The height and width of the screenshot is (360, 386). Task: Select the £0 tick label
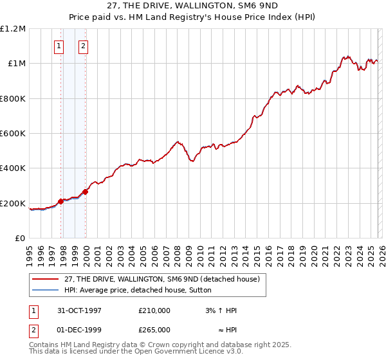(x=19, y=239)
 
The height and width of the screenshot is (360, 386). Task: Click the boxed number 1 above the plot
(x=59, y=46)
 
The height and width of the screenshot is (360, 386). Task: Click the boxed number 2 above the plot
(x=84, y=46)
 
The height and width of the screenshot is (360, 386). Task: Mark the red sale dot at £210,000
(x=61, y=201)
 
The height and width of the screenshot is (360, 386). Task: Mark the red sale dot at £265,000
(x=86, y=192)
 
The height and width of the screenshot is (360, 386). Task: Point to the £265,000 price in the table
(x=154, y=329)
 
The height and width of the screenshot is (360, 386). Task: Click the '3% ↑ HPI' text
(x=221, y=310)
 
